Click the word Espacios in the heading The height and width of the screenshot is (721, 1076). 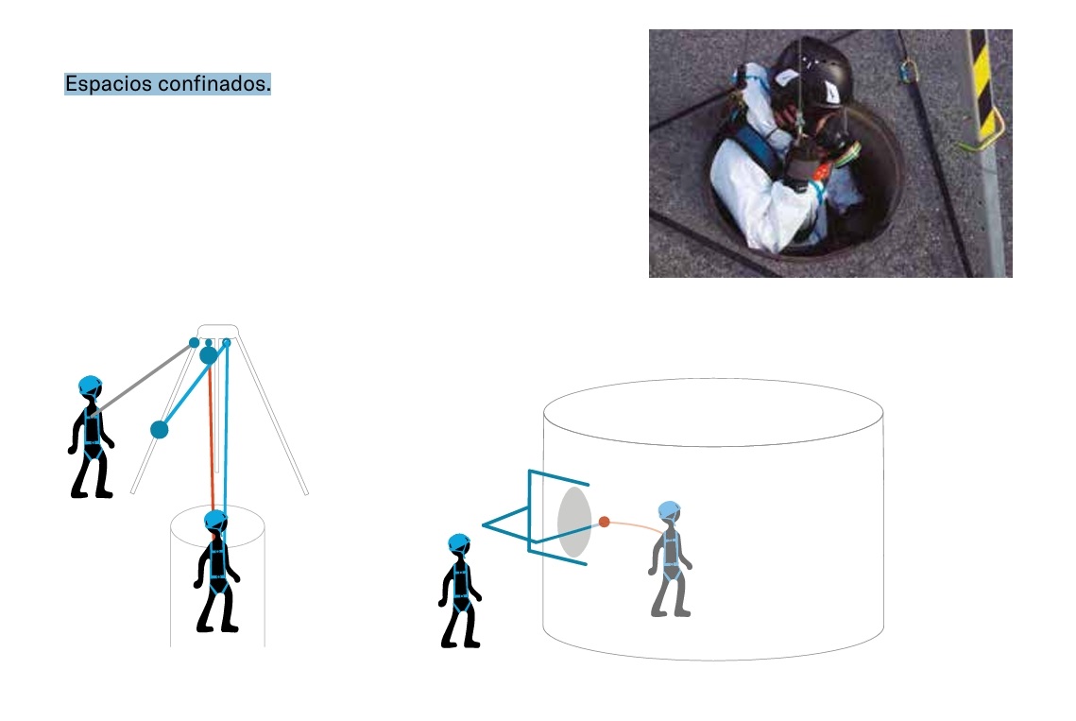tap(109, 84)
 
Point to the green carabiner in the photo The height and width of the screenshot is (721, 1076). tap(908, 71)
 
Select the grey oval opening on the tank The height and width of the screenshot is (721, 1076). tap(574, 522)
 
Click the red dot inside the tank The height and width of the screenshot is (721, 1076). tap(604, 522)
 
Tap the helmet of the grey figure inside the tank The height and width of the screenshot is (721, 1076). tap(669, 511)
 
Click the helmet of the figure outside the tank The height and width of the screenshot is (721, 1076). tap(458, 544)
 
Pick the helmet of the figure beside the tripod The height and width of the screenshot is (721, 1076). tap(90, 386)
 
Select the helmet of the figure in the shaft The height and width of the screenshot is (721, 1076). tap(215, 521)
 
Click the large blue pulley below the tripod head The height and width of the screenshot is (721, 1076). tap(209, 355)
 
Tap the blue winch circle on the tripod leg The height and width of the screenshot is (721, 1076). tap(160, 430)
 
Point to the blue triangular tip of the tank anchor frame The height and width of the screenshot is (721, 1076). tap(485, 525)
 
